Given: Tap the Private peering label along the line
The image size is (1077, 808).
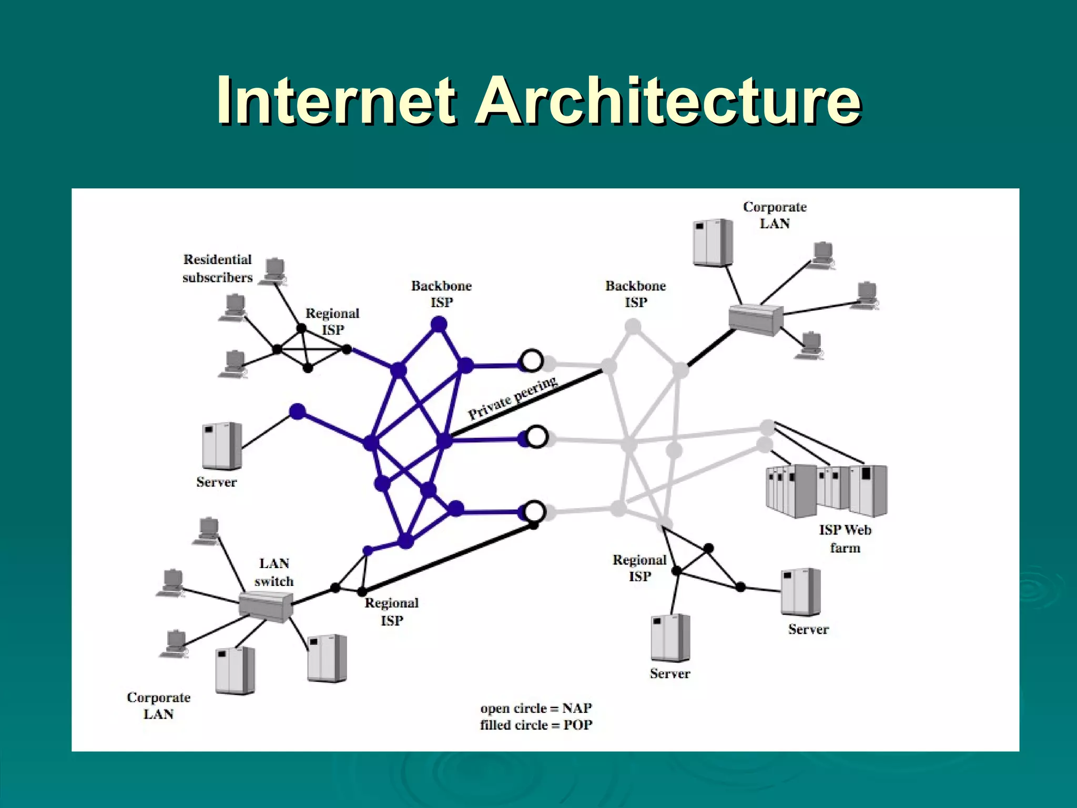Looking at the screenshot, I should [512, 398].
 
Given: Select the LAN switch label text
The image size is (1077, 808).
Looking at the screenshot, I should [274, 572].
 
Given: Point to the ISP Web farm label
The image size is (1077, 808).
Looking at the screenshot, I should [845, 539].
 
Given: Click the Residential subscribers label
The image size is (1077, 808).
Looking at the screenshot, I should [217, 268].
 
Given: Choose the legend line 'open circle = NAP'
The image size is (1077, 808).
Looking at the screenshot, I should [536, 708].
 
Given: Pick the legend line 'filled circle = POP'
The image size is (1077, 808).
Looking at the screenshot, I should [536, 725].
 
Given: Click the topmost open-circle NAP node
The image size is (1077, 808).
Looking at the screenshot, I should [532, 361].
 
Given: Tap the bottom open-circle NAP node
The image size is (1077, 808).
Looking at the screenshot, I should [535, 511].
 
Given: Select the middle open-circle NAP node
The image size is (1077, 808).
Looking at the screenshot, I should [536, 437].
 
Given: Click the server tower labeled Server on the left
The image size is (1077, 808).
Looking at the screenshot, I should [222, 446].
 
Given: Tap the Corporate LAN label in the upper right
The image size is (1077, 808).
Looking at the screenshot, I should [775, 215].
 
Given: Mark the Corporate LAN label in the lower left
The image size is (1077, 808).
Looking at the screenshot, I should [158, 705].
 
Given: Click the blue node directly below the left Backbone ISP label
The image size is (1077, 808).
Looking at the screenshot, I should [439, 325].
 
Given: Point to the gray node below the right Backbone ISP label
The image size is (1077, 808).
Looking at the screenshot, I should [633, 327].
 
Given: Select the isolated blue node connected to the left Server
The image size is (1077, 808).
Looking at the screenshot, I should [298, 411].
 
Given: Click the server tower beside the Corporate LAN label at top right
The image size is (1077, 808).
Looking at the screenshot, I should [713, 243].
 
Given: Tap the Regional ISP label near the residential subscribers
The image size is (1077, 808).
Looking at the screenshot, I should [332, 321].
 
